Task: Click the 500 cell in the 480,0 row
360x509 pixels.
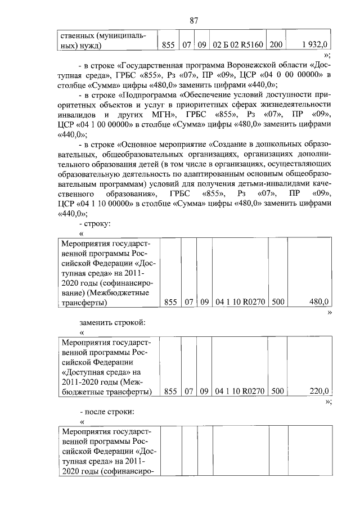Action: (278, 302)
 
